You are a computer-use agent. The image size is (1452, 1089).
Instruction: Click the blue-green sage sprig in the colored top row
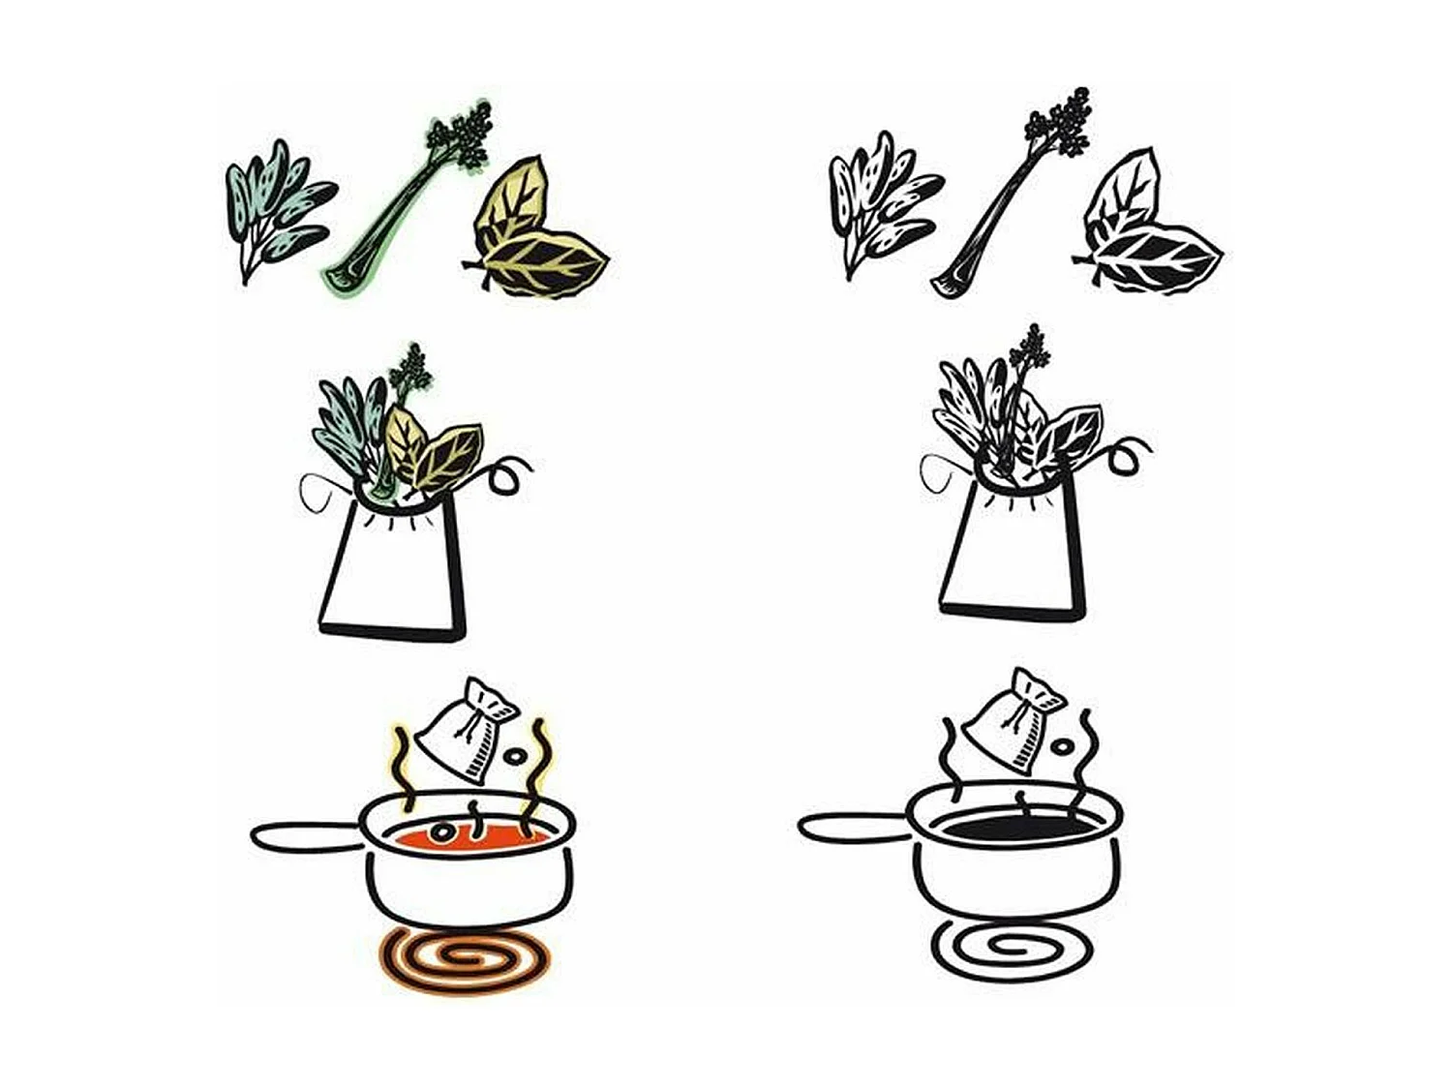276,208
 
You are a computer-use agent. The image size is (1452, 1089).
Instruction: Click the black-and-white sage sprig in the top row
881,203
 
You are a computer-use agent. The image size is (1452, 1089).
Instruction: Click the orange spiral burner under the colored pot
465,958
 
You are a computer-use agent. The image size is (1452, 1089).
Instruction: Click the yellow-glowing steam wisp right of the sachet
535,765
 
